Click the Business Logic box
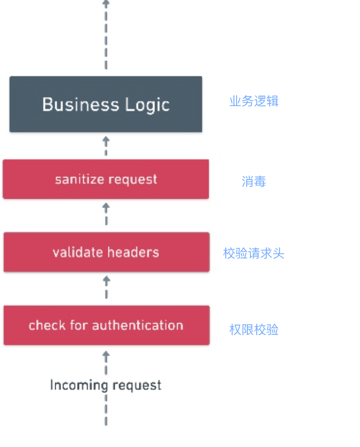coord(106,104)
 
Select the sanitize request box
coord(106,179)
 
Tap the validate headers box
coord(106,252)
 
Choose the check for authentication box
coord(106,325)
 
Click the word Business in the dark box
coord(81,104)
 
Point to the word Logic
coord(148,105)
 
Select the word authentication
coord(138,325)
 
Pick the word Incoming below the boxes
coord(79,386)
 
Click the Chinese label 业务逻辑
coord(254,101)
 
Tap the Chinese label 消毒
coord(254,181)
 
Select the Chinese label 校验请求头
coord(254,253)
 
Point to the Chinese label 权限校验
coord(254,329)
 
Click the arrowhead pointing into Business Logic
coord(106,140)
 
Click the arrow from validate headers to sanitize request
coord(106,214)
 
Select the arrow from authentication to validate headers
coord(106,287)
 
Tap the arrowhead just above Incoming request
coord(106,355)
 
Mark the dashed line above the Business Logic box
coord(106,35)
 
